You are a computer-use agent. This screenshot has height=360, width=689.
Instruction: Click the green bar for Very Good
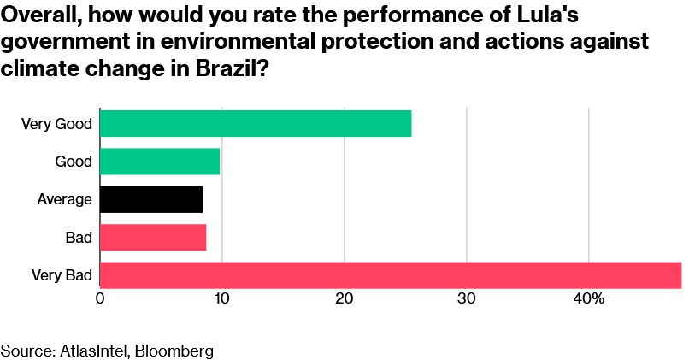256,123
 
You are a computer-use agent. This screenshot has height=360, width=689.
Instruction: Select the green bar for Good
160,162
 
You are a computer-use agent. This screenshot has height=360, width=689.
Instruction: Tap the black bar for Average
151,199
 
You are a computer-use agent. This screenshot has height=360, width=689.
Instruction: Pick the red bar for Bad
153,237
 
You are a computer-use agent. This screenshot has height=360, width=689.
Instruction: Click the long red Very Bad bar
391,275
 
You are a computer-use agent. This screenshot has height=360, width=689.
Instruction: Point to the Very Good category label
56,124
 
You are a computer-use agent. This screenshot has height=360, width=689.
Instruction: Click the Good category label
74,162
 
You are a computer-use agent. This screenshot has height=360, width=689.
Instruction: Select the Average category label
65,199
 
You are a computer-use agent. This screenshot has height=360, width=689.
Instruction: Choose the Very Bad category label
62,275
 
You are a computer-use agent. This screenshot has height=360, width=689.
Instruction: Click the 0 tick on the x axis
100,299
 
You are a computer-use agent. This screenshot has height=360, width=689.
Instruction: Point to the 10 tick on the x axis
221,299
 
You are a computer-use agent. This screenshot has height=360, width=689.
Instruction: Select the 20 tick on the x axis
344,299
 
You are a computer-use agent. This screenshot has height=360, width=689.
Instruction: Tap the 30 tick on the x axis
466,299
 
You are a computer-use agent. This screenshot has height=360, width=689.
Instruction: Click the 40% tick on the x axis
589,299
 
